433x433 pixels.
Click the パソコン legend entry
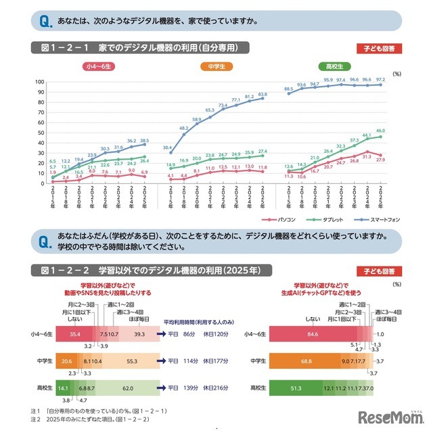tap(281, 220)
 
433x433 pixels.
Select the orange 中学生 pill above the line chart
tap(216, 66)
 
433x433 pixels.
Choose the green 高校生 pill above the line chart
tap(334, 66)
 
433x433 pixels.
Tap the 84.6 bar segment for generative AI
tap(312, 333)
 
